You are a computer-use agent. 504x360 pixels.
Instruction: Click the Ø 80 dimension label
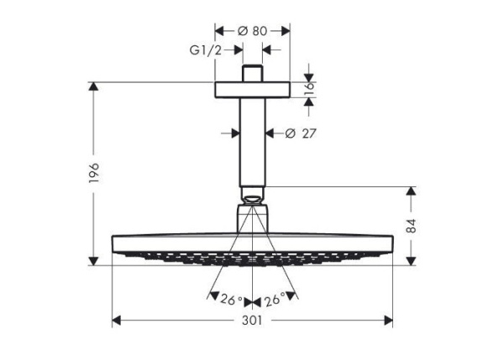click(252, 31)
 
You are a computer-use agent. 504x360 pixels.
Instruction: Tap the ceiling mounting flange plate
click(252, 90)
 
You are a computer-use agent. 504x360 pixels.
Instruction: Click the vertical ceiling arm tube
click(252, 143)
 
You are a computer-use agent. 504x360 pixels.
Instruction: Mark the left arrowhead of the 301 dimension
click(117, 321)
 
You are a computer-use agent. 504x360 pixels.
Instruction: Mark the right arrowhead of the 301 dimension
click(388, 321)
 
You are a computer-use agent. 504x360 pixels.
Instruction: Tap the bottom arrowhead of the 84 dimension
click(410, 260)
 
